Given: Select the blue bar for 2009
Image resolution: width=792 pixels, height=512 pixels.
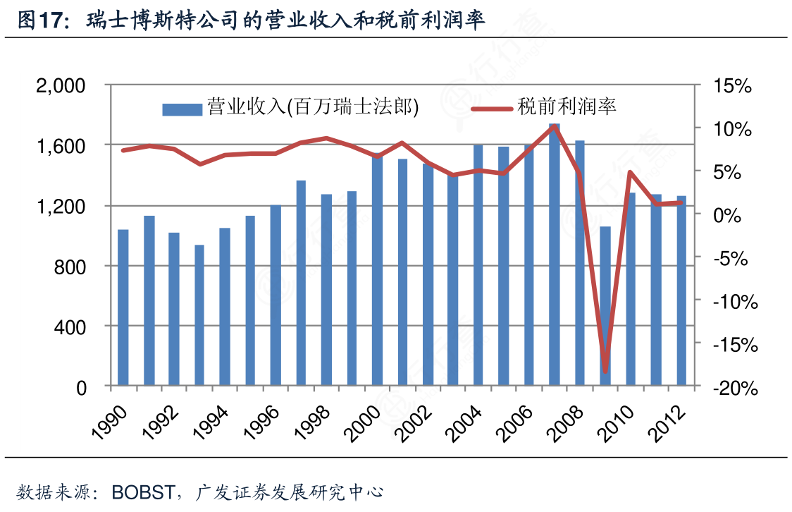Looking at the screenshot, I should pyautogui.click(x=605, y=306).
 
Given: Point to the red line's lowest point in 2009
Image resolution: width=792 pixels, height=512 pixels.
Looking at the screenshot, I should pyautogui.click(x=605, y=371).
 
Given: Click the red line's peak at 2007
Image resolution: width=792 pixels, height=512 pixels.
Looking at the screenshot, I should pyautogui.click(x=555, y=126).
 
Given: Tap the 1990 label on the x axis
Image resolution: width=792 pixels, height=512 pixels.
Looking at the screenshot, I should pyautogui.click(x=113, y=422).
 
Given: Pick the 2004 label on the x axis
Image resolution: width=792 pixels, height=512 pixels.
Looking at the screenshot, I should pyautogui.click(x=468, y=422).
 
